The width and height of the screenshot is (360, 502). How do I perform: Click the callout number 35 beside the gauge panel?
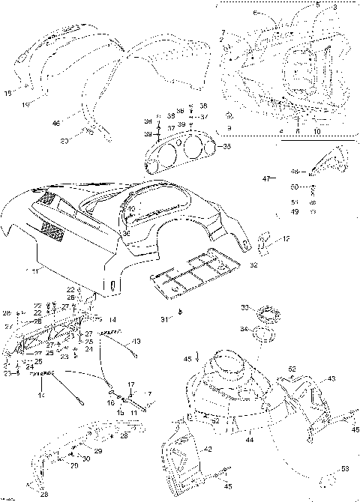[x=227, y=147]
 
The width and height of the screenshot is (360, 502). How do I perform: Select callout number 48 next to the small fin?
[x=295, y=171]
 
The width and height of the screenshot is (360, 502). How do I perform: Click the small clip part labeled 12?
[x=265, y=241]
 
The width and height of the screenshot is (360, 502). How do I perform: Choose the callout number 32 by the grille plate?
[x=253, y=265]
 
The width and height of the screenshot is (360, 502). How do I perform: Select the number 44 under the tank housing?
[x=248, y=440]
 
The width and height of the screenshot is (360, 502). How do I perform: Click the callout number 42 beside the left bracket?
[x=208, y=449]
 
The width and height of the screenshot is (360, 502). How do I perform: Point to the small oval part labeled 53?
[x=328, y=479]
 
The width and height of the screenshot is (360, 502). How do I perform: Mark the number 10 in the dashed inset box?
[x=317, y=131]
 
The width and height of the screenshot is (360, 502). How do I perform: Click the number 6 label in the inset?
[x=253, y=13]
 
